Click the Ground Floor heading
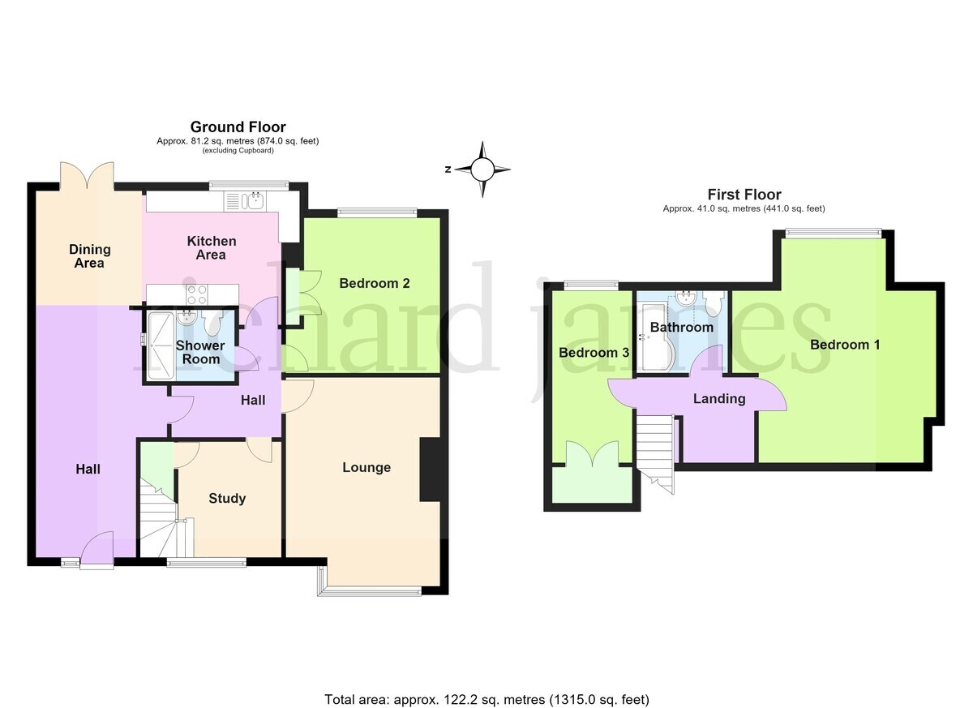(x=238, y=127)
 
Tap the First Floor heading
(x=744, y=194)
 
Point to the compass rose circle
(x=482, y=169)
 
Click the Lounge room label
(x=366, y=467)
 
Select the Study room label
(x=227, y=498)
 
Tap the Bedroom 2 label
(x=375, y=283)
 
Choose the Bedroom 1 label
(x=845, y=345)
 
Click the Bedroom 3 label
(x=594, y=352)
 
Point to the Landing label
(x=719, y=399)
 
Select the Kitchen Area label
(x=212, y=247)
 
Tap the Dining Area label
(x=89, y=255)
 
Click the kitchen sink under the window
(x=245, y=202)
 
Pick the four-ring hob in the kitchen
(x=196, y=294)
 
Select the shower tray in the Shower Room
(x=161, y=345)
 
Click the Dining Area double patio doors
(x=87, y=176)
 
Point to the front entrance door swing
(x=96, y=548)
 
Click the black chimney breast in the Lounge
(x=430, y=470)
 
